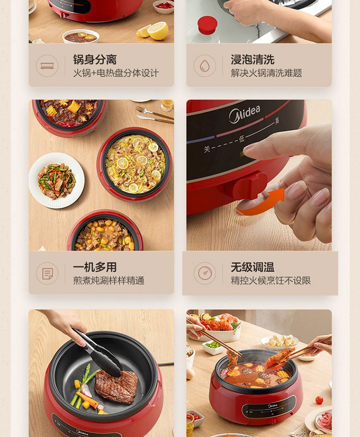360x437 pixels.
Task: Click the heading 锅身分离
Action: (95, 59)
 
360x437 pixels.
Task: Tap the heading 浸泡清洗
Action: (252, 59)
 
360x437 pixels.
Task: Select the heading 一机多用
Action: (95, 267)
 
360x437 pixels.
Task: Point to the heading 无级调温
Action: (252, 267)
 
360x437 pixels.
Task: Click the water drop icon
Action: (205, 66)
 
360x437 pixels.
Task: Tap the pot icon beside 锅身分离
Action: (47, 66)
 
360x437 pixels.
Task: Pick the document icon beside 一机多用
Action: (47, 273)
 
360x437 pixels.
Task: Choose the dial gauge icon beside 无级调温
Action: (205, 273)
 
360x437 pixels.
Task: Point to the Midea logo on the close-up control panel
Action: (244, 114)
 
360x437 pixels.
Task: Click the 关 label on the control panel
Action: (206, 149)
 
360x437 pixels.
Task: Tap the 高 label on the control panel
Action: (277, 120)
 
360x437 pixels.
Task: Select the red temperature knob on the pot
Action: (249, 185)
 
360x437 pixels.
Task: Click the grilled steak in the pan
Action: (117, 387)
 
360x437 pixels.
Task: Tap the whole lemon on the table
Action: (158, 31)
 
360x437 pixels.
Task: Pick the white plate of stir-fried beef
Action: (57, 180)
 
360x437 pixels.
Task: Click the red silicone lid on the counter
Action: (207, 25)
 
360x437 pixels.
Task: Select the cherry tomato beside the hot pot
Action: (319, 400)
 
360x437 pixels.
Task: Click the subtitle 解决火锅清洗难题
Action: (266, 73)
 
